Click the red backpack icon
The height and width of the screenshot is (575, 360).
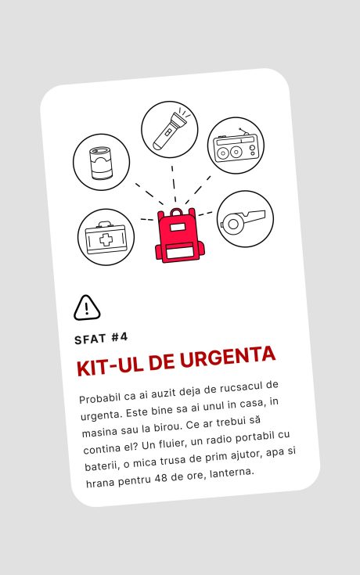pos(179,235)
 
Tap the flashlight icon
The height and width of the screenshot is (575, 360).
pos(171,129)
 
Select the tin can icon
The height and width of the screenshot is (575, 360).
pos(101,163)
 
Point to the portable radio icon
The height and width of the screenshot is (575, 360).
pos(236,147)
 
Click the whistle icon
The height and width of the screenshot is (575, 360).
pos(242,222)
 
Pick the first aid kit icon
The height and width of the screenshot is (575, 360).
pos(106,238)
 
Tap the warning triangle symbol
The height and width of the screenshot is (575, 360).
pos(87,307)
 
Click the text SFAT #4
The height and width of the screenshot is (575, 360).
pos(101,338)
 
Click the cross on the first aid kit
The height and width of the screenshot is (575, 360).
pos(106,240)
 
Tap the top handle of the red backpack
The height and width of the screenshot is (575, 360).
pos(177,212)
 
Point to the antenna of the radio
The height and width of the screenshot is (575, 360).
pos(244,132)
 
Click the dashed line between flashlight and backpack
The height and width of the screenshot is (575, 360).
pos(174,184)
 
